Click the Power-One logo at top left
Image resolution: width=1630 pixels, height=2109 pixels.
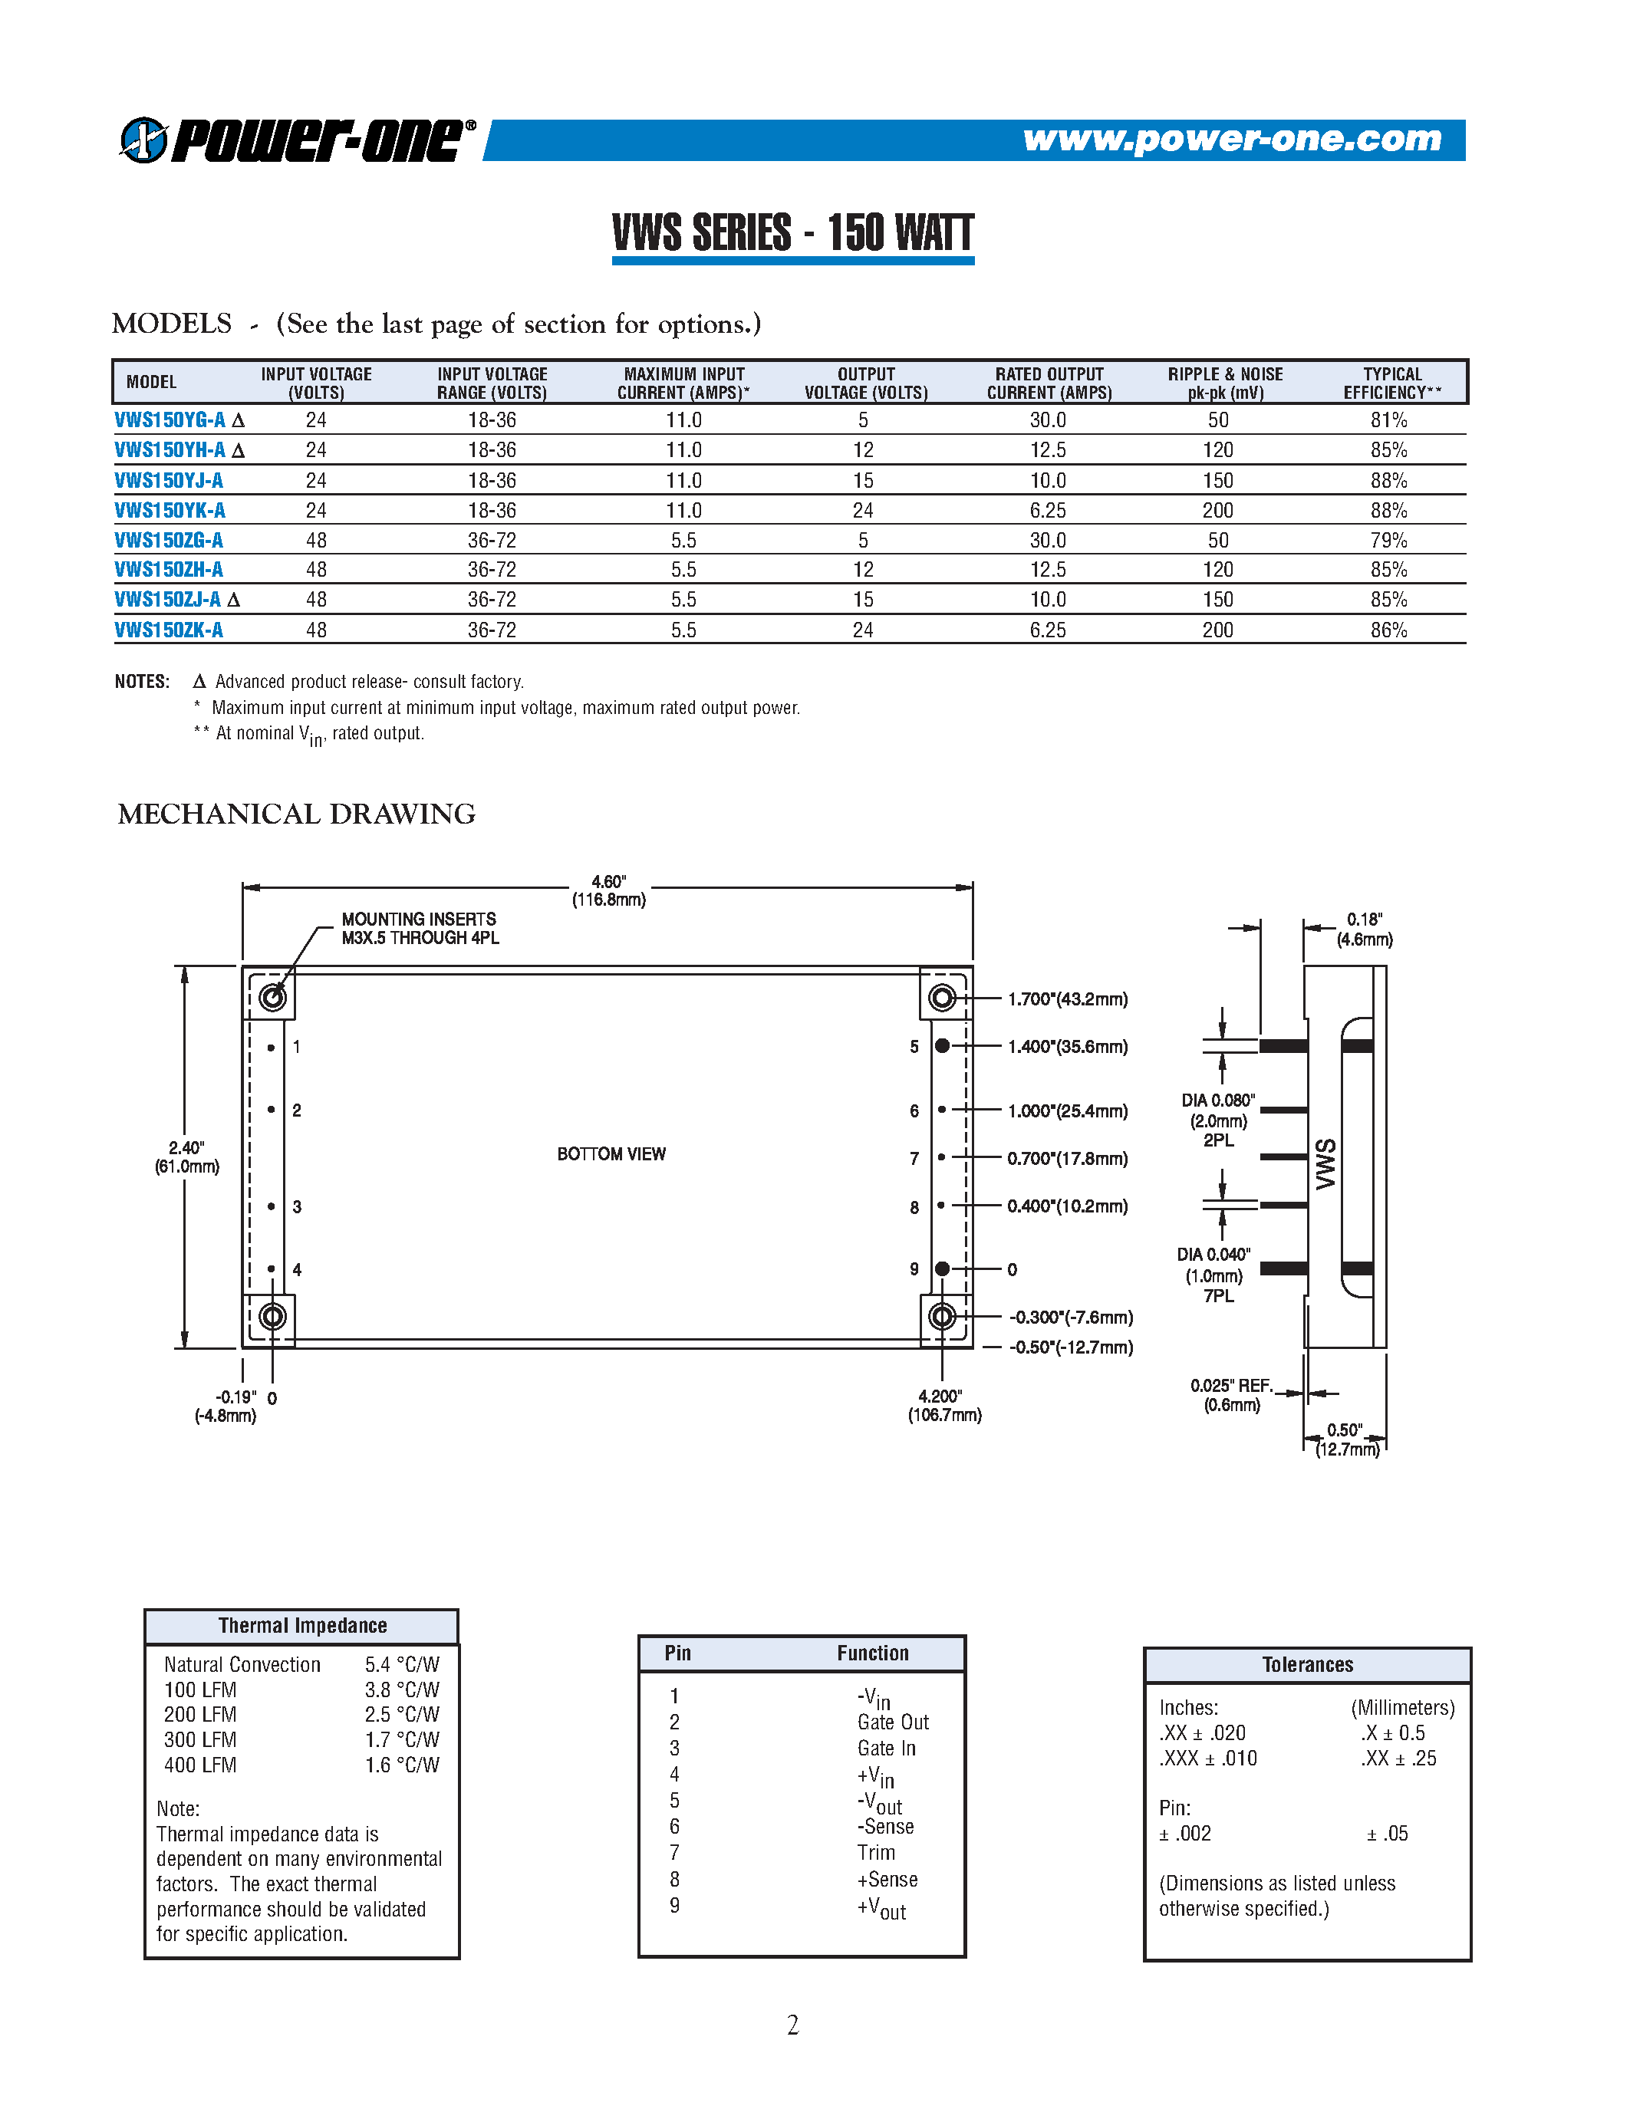[298, 140]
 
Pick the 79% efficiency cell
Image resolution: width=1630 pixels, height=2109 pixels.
[1388, 540]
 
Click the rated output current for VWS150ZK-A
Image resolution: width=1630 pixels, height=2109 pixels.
[1047, 630]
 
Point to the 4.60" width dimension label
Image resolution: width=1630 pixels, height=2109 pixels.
[608, 890]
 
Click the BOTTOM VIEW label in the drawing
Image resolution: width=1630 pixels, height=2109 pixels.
[611, 1154]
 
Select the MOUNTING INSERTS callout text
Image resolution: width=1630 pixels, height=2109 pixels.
[420, 928]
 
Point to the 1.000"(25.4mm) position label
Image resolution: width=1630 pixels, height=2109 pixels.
[1067, 1110]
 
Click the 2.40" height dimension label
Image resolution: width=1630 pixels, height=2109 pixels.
[186, 1156]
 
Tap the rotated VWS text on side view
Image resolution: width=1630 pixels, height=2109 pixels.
[1325, 1163]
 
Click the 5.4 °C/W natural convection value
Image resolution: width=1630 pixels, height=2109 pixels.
[402, 1664]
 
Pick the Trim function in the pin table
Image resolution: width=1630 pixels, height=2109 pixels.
[876, 1852]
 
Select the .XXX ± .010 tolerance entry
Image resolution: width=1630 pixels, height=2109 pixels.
[1207, 1758]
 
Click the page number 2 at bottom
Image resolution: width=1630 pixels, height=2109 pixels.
[793, 2024]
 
